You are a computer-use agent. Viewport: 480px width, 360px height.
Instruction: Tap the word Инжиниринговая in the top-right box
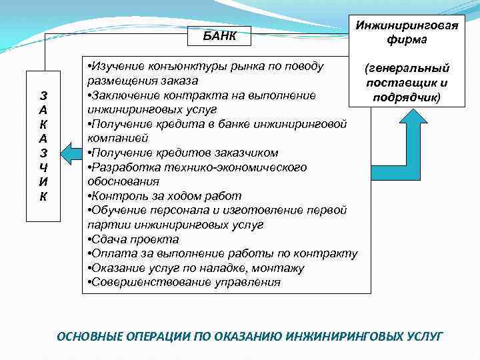coord(406,25)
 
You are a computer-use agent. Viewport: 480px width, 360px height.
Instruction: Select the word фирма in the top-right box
coord(406,39)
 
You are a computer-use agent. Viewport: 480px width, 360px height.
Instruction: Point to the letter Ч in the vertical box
coord(42,167)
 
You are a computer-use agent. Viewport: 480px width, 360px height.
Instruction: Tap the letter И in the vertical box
coord(42,182)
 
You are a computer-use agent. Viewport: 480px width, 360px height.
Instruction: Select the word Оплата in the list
coord(109,253)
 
